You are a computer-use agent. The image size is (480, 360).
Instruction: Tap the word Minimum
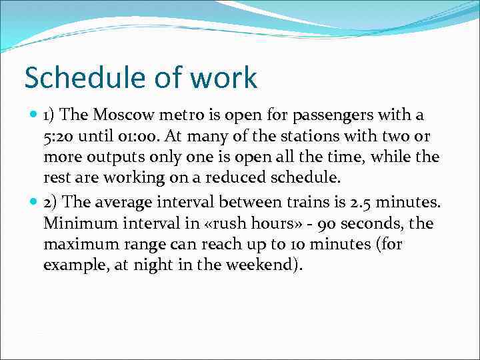[x=77, y=223]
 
